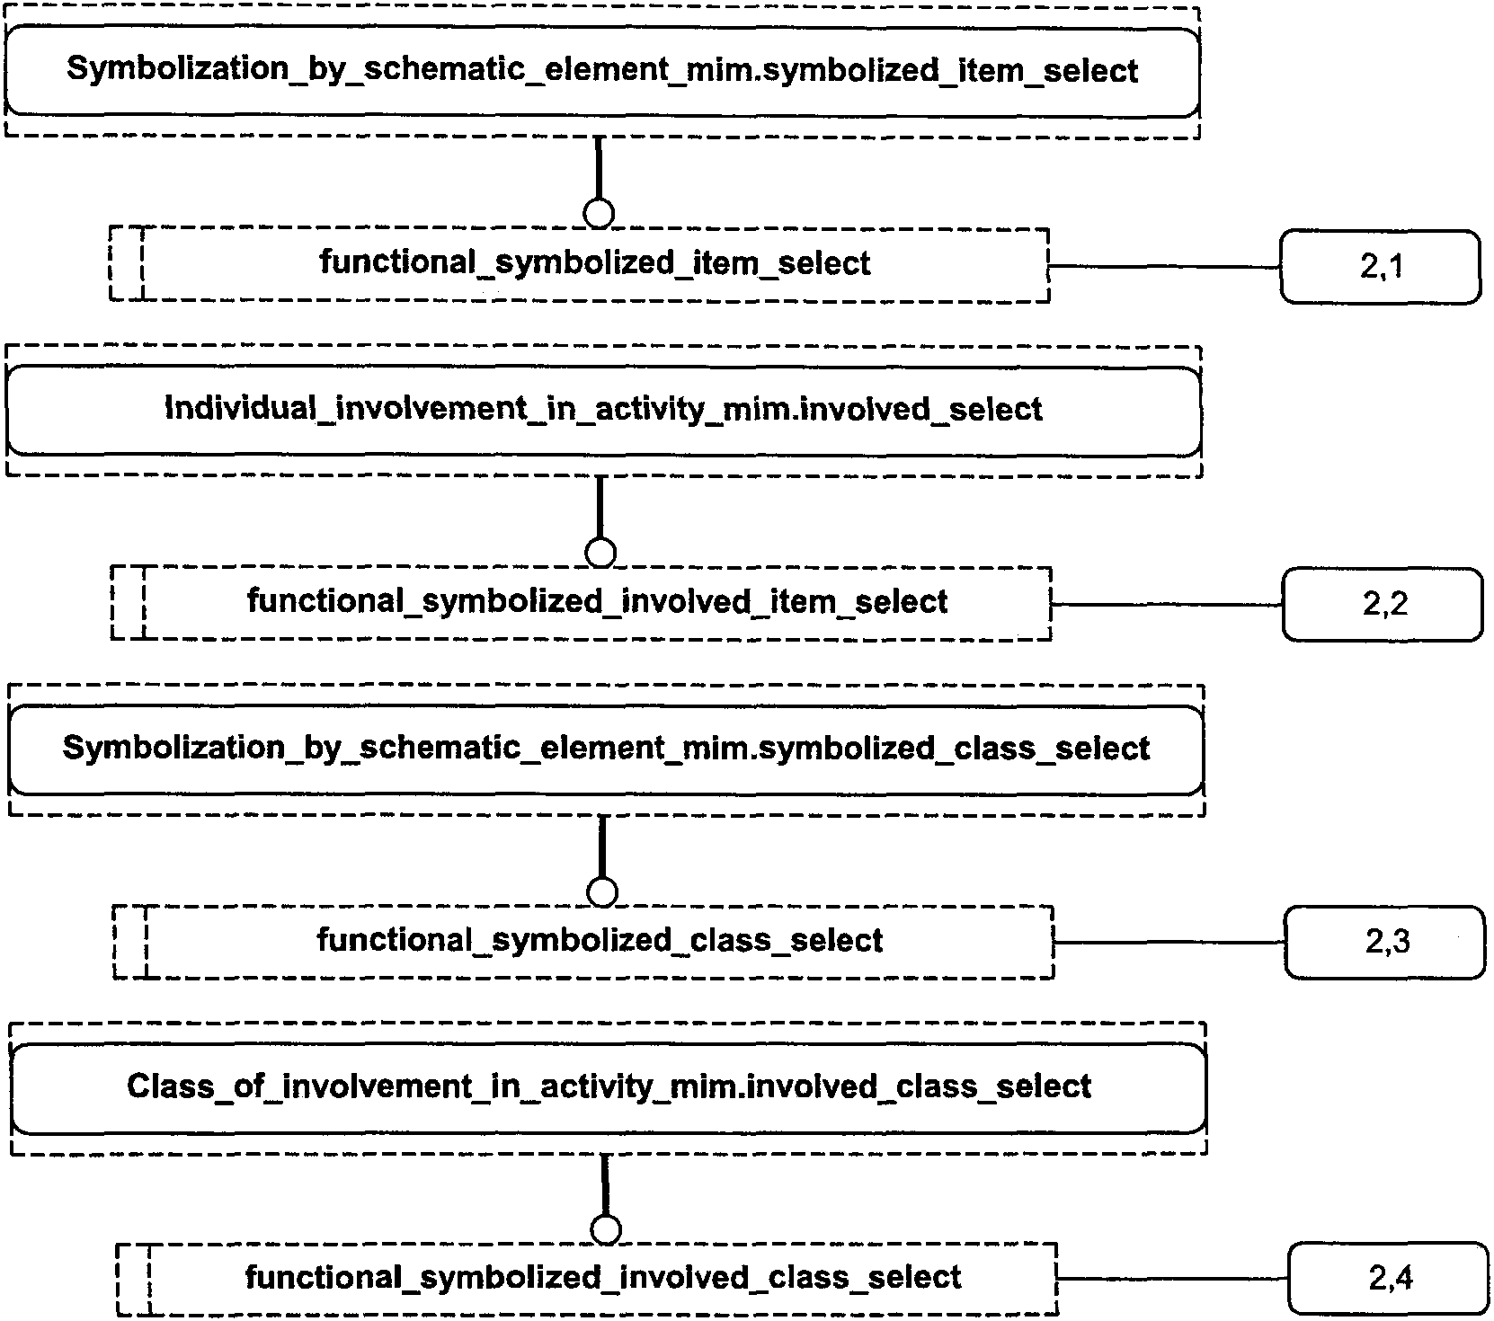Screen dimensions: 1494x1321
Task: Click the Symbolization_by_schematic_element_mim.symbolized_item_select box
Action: (x=602, y=72)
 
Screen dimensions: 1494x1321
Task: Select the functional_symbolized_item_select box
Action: (x=579, y=264)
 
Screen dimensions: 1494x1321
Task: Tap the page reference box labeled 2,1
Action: (x=1380, y=266)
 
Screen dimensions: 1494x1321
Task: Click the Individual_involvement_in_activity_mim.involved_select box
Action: (x=604, y=411)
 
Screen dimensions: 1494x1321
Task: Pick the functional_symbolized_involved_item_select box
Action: (x=581, y=602)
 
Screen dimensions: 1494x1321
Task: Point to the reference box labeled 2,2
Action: (x=1383, y=604)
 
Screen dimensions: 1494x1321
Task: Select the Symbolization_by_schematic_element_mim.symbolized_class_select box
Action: (x=606, y=749)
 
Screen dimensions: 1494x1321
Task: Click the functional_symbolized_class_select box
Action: (x=583, y=941)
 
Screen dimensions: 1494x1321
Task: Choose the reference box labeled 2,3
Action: (x=1385, y=942)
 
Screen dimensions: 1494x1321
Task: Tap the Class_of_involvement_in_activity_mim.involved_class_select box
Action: (x=609, y=1087)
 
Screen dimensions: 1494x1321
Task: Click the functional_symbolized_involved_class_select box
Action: (x=586, y=1279)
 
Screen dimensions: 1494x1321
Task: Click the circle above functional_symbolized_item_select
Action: (x=599, y=214)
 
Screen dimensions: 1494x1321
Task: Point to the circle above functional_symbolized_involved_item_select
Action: (x=600, y=552)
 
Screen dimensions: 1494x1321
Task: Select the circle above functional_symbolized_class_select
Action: (x=602, y=891)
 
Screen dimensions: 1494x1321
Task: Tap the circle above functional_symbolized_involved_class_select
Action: (x=607, y=1229)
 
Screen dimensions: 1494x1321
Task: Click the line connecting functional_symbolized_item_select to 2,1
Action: (x=1165, y=267)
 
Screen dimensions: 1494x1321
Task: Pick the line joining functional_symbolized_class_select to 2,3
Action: (x=1169, y=943)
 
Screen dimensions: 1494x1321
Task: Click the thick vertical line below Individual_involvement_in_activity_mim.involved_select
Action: (x=600, y=508)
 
